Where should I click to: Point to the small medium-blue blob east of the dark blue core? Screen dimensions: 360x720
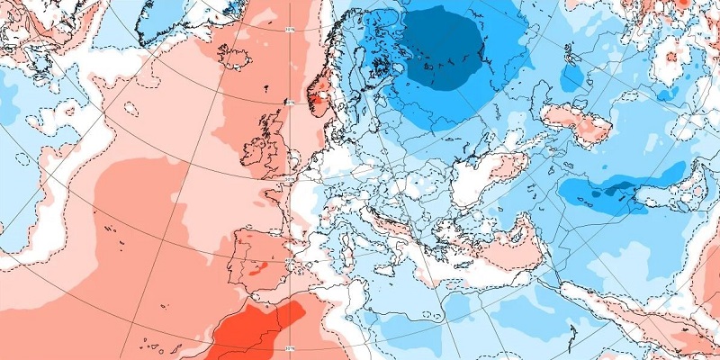pos(572,76)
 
